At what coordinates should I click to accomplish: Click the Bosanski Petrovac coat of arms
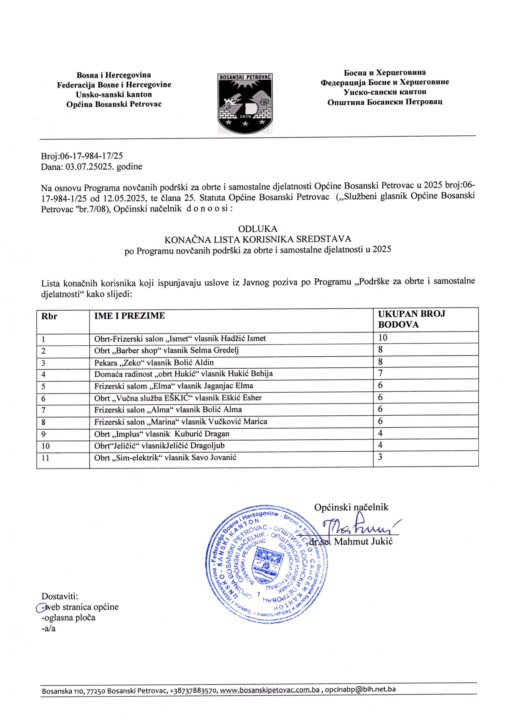tap(245, 103)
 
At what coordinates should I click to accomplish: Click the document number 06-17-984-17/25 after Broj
tap(91, 156)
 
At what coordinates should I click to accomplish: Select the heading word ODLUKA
tap(258, 228)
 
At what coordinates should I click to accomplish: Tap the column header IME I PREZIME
tap(130, 316)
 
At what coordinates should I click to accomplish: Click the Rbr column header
tap(49, 316)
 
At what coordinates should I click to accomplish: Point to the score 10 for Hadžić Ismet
tap(383, 338)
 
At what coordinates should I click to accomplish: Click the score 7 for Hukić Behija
tap(380, 373)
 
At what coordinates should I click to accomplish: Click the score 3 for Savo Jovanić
tap(380, 457)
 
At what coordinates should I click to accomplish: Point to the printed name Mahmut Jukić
tap(363, 541)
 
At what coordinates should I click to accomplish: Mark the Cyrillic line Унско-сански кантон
tap(385, 92)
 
